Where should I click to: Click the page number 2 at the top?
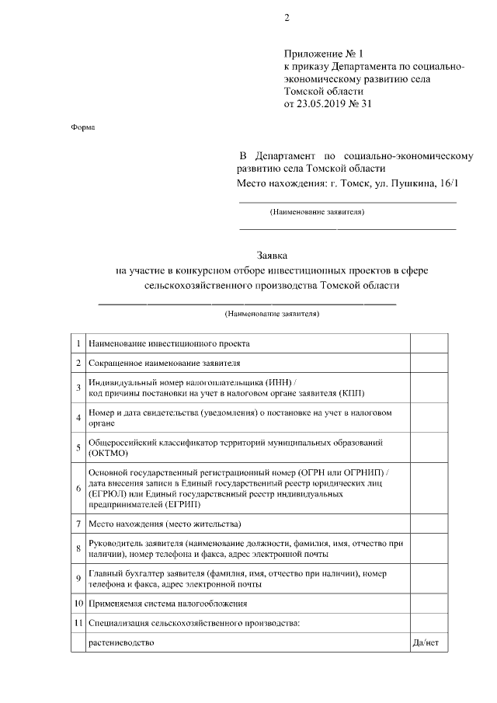click(287, 19)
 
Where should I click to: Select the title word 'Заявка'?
click(272, 256)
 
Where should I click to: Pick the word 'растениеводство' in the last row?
click(122, 643)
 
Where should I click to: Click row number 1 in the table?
click(78, 343)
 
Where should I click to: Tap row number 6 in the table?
click(78, 488)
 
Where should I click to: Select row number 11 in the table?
click(78, 622)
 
